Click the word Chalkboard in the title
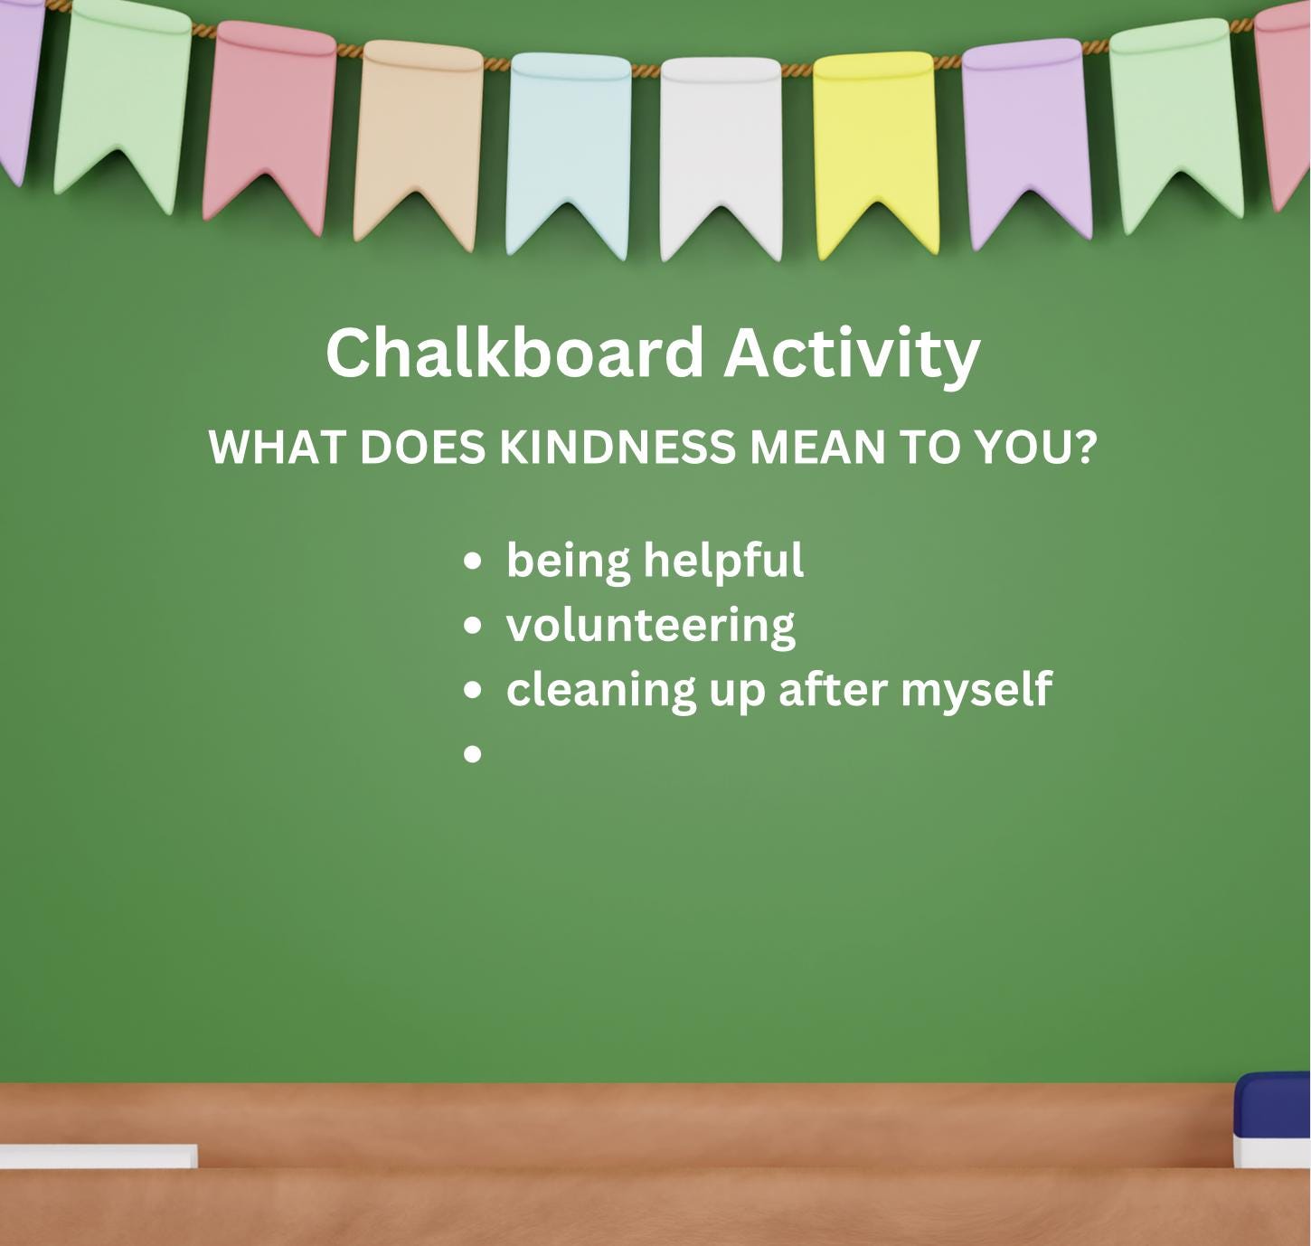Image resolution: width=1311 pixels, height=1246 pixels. (x=514, y=353)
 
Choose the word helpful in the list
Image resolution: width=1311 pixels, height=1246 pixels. (x=723, y=561)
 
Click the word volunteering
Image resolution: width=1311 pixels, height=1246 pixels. (x=651, y=625)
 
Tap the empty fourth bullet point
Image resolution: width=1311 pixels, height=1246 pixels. (x=472, y=753)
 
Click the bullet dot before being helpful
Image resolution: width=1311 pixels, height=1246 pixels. (x=472, y=562)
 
